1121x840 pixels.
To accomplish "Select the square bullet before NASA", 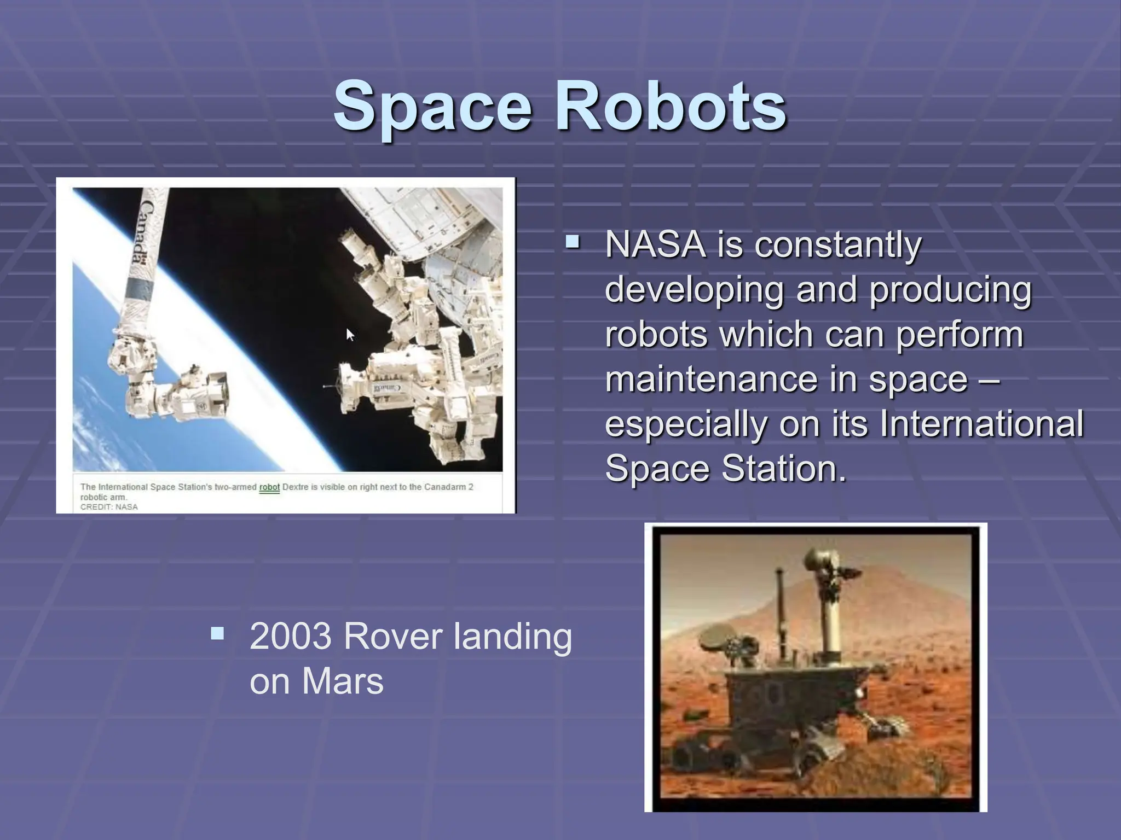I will click(572, 241).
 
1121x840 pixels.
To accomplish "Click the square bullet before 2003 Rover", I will click(217, 633).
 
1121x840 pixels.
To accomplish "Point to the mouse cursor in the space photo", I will click(350, 334).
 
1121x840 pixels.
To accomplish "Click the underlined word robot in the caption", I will click(269, 487).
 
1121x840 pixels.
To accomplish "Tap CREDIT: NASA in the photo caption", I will click(109, 507).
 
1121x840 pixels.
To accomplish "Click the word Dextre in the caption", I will click(295, 487).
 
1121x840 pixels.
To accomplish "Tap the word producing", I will click(950, 289).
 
